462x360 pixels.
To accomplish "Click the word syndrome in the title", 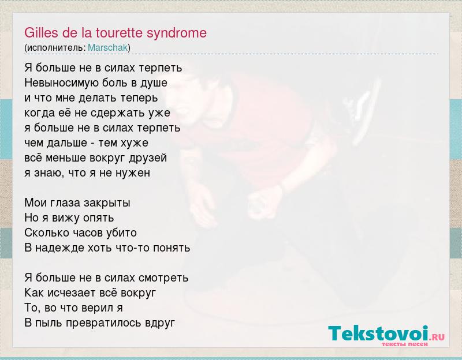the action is [177, 33].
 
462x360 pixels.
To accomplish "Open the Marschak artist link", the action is [108, 48].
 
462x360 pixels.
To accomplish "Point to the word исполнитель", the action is [55, 48].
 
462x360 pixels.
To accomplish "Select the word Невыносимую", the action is [62, 83].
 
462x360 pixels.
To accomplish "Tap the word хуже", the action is [136, 143].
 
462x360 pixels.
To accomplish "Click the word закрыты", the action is [107, 203].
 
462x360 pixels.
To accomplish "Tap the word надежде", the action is [60, 248].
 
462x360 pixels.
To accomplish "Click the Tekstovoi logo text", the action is [378, 333].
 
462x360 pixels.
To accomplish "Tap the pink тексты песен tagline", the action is [404, 344].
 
